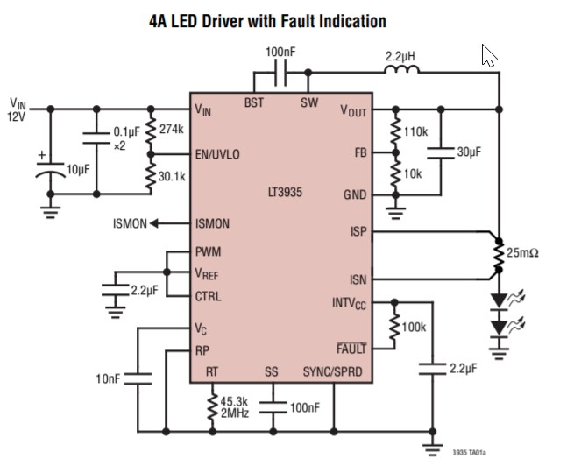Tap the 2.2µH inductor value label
tap(400, 56)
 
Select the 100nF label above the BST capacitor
tap(280, 53)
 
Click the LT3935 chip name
tap(284, 190)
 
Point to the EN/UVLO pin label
tap(217, 154)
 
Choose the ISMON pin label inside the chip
tap(212, 223)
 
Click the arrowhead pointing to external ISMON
tap(155, 223)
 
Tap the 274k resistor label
tap(173, 129)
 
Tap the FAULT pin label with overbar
tap(351, 347)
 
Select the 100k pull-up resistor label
tap(414, 327)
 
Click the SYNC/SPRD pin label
tap(332, 372)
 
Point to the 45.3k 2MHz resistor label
tap(234, 407)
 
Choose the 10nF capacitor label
tap(110, 378)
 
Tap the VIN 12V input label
tap(18, 109)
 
